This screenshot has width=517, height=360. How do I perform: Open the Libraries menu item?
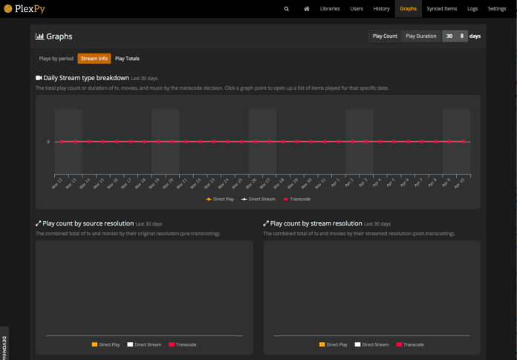[330, 8]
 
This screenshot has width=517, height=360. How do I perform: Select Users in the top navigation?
[357, 8]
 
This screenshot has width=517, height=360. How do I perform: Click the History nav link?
[381, 8]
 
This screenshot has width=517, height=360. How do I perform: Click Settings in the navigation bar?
[497, 8]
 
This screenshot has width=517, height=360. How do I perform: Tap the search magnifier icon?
[287, 8]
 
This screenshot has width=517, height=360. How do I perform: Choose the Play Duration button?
[420, 36]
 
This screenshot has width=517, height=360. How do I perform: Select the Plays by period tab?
[56, 58]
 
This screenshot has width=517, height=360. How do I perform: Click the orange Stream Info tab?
[94, 58]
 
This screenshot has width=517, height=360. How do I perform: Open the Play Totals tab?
[127, 58]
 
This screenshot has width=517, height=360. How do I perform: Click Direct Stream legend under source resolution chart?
[144, 344]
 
